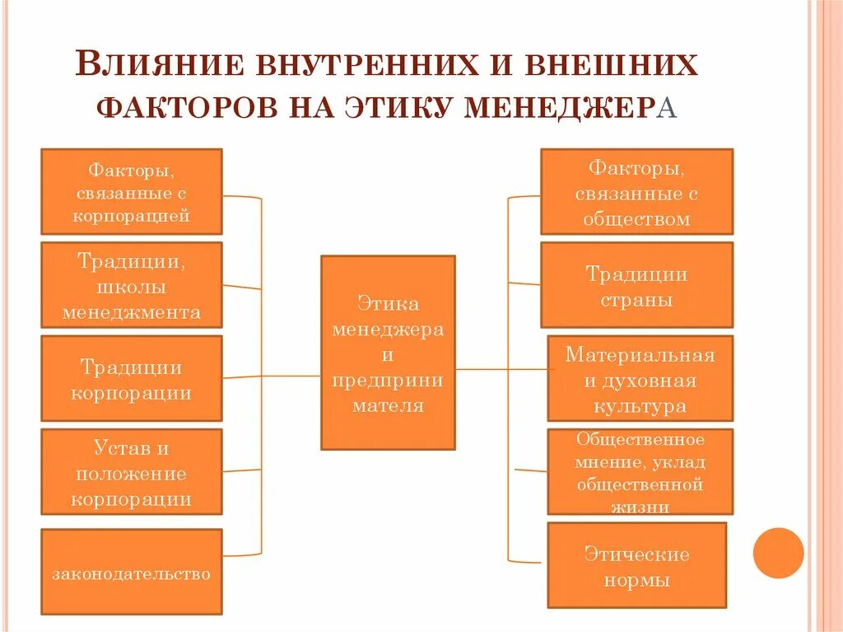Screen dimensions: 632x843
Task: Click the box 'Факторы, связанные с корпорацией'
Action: pyautogui.click(x=132, y=191)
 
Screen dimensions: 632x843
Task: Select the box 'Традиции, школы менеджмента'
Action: pyautogui.click(x=132, y=285)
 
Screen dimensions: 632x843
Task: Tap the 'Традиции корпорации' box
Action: pyautogui.click(x=132, y=378)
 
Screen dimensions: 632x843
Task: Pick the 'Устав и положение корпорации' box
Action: pyautogui.click(x=132, y=471)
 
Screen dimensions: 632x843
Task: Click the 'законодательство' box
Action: pyautogui.click(x=132, y=571)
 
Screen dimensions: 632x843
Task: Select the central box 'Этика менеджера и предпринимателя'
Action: pyautogui.click(x=388, y=353)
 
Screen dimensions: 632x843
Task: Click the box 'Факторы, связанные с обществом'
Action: pyautogui.click(x=636, y=191)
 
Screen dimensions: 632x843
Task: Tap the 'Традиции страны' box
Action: pyautogui.click(x=636, y=285)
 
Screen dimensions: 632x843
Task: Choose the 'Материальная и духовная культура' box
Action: pyautogui.click(x=640, y=378)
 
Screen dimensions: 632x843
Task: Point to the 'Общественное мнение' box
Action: pyautogui.click(x=640, y=472)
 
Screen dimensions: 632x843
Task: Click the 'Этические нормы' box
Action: pyautogui.click(x=636, y=564)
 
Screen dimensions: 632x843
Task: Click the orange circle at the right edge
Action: pyautogui.click(x=778, y=553)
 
